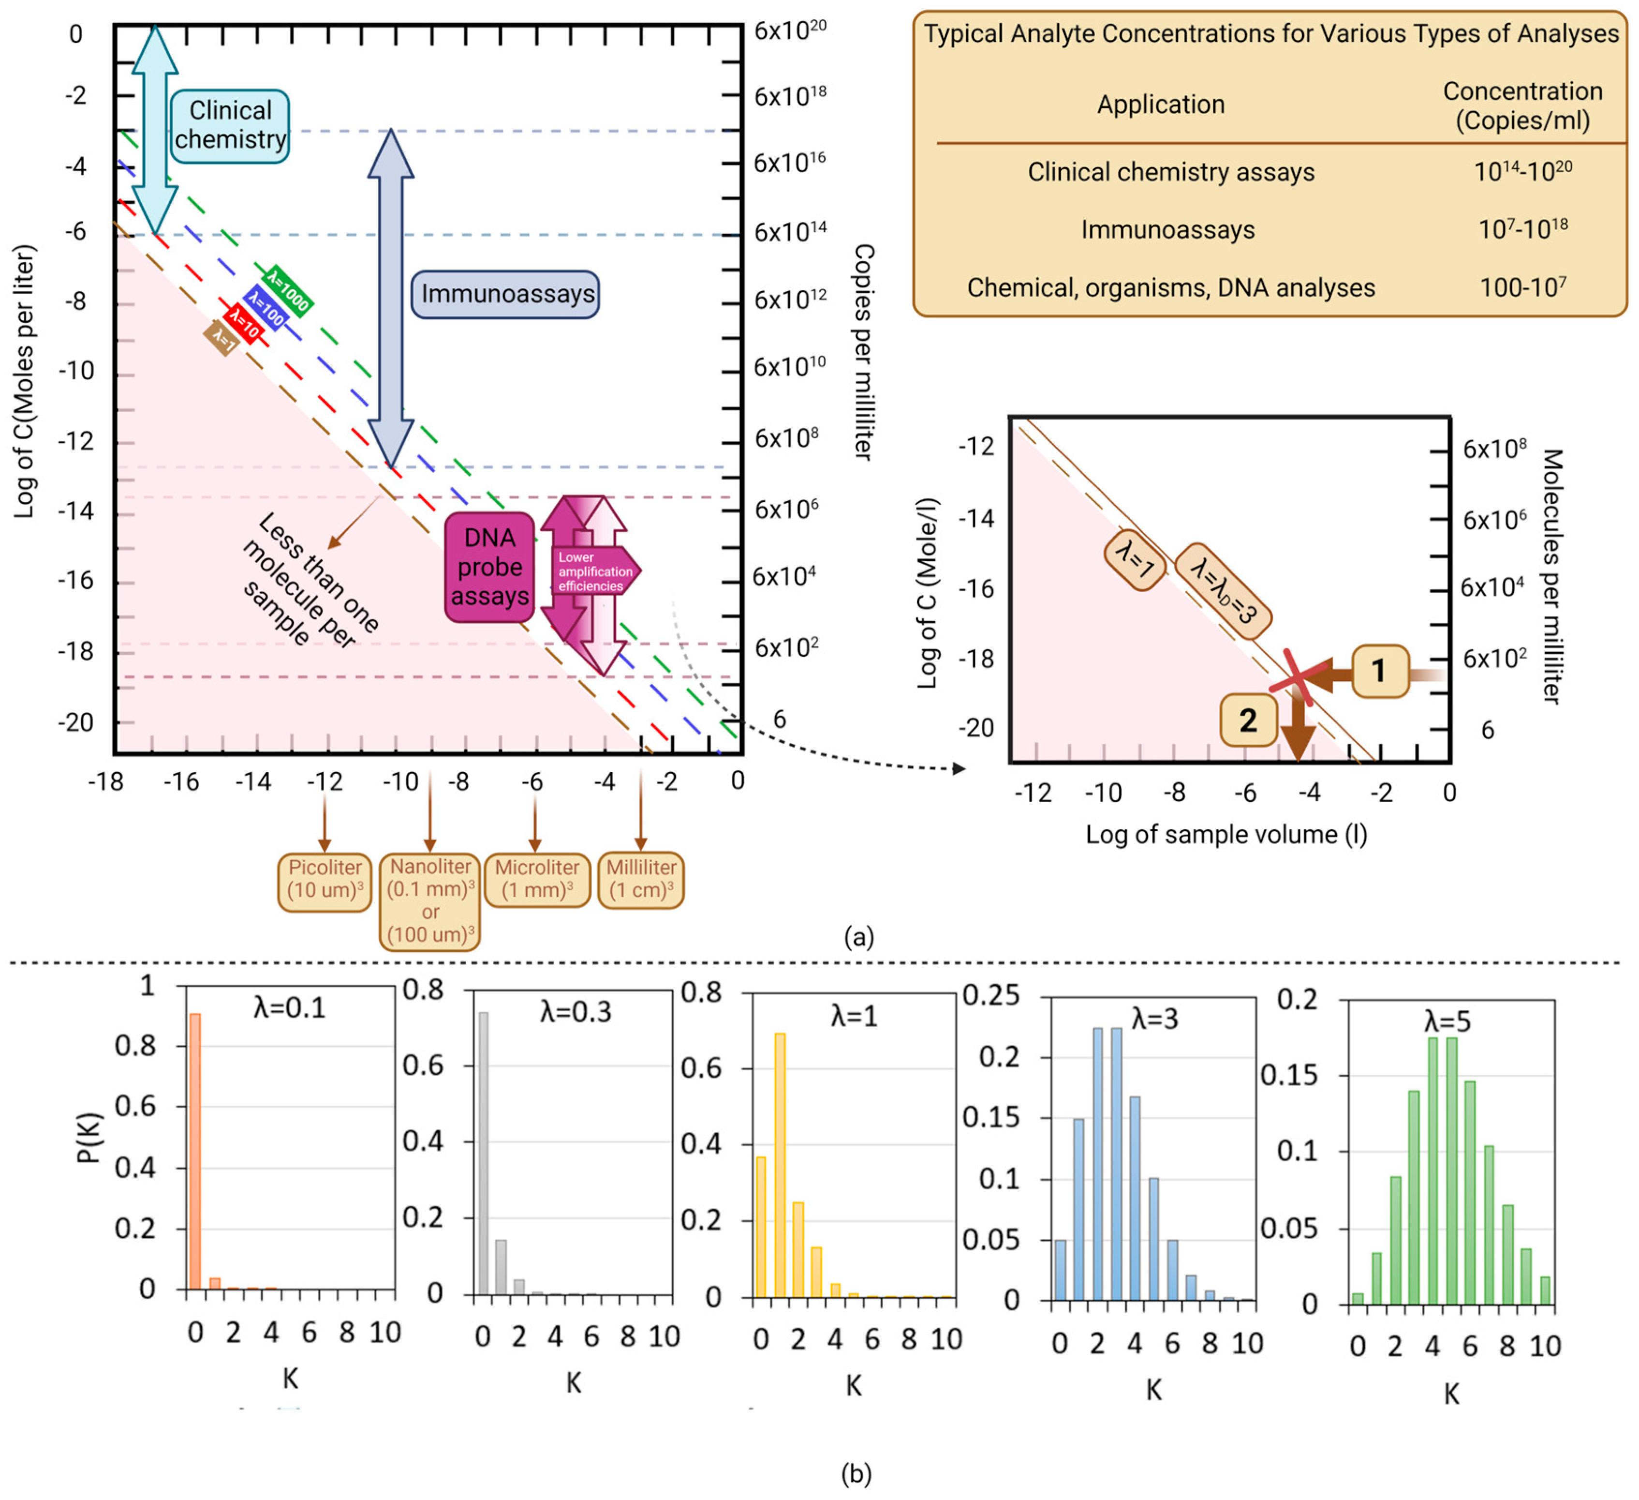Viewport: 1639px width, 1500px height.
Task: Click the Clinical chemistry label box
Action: click(230, 126)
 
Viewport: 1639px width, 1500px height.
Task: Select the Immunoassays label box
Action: click(506, 294)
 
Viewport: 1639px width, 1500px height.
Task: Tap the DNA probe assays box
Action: click(489, 567)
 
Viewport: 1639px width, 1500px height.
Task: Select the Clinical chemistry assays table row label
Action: click(1171, 172)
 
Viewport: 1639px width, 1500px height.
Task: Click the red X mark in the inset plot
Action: click(1299, 677)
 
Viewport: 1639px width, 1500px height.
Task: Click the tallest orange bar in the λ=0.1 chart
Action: click(195, 1151)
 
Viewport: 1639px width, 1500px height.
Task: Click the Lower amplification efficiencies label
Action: click(594, 572)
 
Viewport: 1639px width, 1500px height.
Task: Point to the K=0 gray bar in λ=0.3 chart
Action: click(483, 1153)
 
